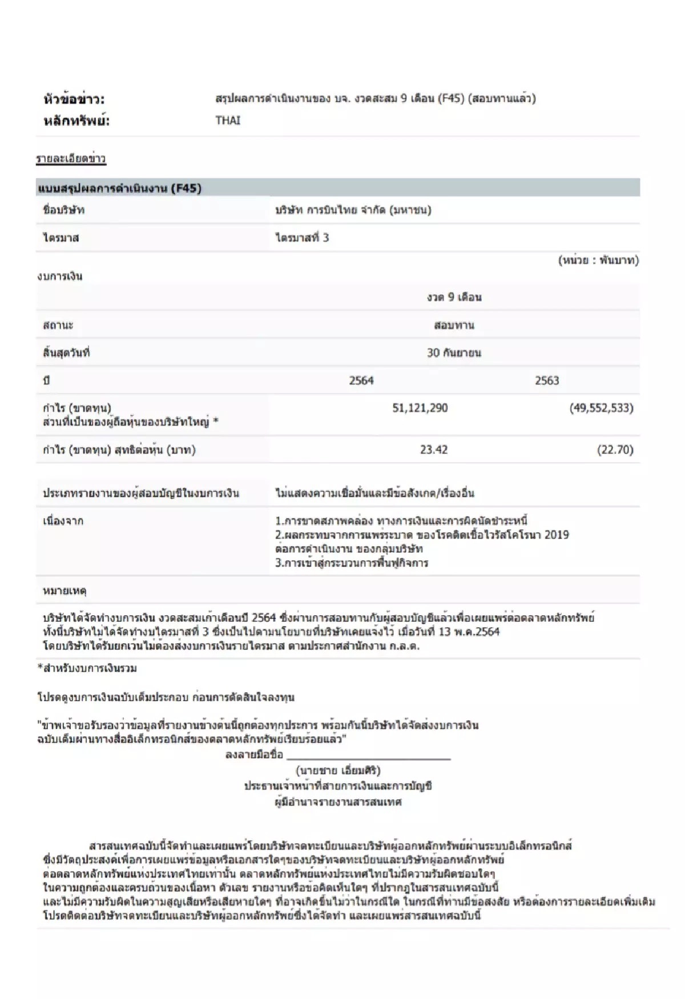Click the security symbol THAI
tap(228, 121)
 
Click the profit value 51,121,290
tap(420, 408)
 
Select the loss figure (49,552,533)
tap(601, 408)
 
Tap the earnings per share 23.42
tap(433, 450)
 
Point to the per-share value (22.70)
tap(615, 450)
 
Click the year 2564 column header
tap(361, 380)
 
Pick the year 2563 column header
tap(546, 380)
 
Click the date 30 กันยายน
tap(454, 353)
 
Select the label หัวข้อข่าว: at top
tap(74, 99)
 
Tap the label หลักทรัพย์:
tap(76, 121)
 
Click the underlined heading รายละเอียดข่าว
tap(71, 159)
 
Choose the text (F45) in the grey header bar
tap(186, 188)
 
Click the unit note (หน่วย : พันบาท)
tap(598, 260)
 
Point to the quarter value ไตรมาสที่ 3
tap(302, 238)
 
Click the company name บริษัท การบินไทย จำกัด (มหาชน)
tap(353, 210)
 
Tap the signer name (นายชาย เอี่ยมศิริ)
tap(338, 771)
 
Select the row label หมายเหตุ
tap(65, 590)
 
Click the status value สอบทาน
tap(454, 326)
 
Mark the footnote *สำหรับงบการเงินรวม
tap(87, 668)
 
